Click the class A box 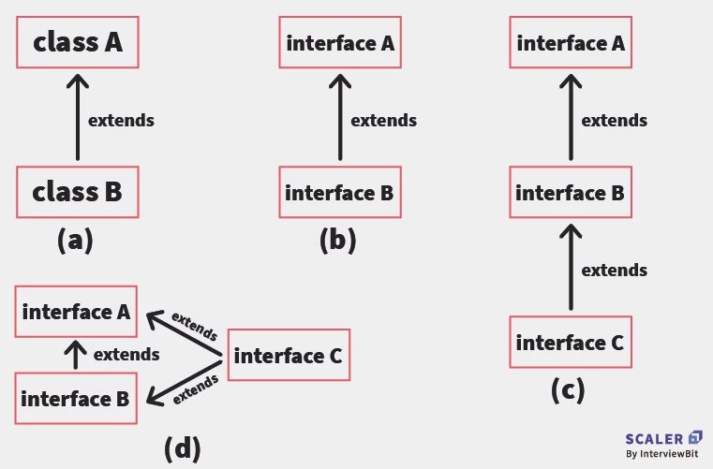pos(78,42)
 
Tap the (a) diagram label pos(75,241)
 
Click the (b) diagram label pos(337,241)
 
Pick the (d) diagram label pos(182,448)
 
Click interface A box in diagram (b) pos(340,42)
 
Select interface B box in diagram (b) pos(339,193)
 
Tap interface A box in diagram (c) pos(570,42)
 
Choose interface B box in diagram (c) pos(570,193)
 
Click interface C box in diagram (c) pos(570,342)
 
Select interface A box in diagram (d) pos(77,312)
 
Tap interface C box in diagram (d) pos(288,355)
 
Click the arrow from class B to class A pos(77,118)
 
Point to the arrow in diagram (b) pos(339,118)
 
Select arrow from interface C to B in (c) pos(570,269)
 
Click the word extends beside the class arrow pos(121,120)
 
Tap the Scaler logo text pos(655,437)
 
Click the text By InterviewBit pos(663,455)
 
